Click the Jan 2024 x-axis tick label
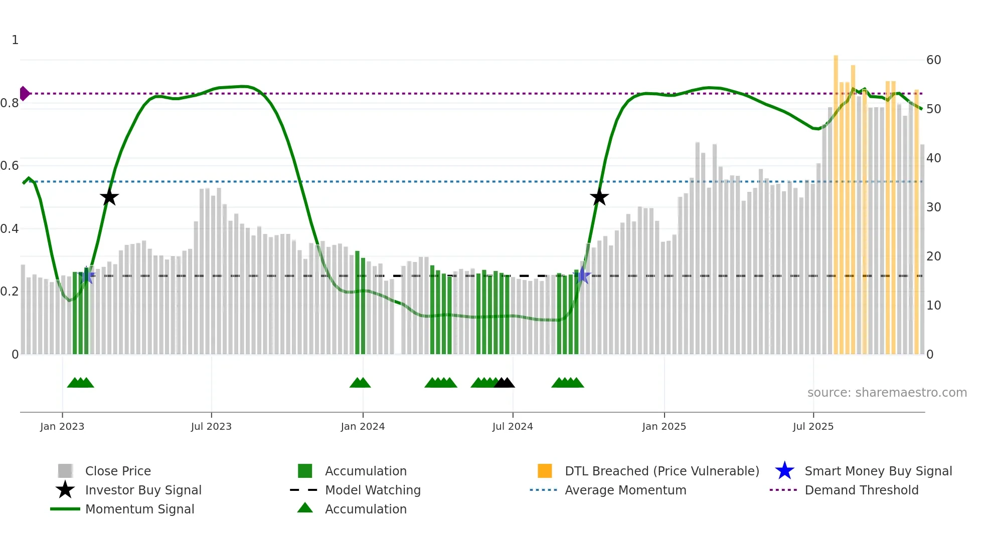point(363,426)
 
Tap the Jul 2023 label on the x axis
point(211,426)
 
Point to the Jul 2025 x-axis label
point(813,426)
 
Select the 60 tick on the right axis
point(933,60)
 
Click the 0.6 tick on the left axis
point(10,166)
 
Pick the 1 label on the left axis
point(15,40)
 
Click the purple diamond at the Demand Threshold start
point(24,94)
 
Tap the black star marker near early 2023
point(109,197)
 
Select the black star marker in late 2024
point(599,197)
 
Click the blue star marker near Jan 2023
point(87,275)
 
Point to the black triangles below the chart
point(504,383)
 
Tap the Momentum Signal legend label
point(139,509)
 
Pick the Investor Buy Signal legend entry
point(143,490)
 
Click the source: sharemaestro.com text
point(887,393)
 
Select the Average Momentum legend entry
point(625,490)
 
